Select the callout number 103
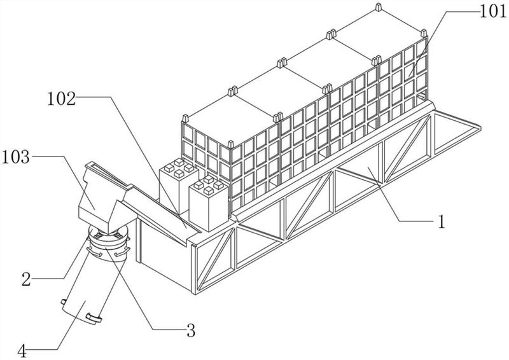[x=16, y=156]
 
